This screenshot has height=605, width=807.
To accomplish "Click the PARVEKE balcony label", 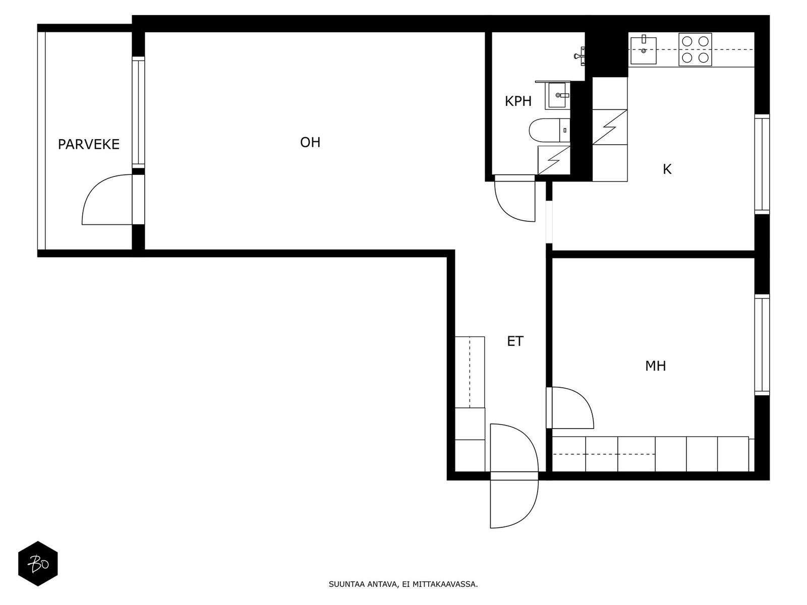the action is [89, 144].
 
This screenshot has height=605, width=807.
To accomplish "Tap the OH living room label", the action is [310, 142].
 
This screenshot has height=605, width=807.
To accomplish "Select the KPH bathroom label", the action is [518, 101].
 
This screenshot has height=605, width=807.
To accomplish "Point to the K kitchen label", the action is [667, 169].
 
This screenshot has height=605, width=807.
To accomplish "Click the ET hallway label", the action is [515, 341].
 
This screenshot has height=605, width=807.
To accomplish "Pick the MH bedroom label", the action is [656, 366].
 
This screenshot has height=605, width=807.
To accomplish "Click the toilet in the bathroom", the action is [550, 130].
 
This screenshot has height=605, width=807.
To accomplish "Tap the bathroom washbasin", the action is [557, 95].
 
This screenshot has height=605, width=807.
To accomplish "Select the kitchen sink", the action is [644, 50].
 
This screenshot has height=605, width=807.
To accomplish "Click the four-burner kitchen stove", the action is [695, 49].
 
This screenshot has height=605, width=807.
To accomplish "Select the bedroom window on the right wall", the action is [762, 345].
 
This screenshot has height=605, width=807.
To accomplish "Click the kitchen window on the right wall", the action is [762, 164].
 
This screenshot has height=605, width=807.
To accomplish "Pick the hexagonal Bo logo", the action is [38, 564].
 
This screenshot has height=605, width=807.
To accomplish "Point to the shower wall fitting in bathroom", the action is [580, 56].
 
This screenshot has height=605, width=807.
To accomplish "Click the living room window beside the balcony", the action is [138, 112].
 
